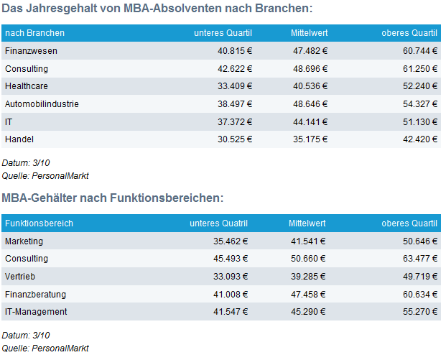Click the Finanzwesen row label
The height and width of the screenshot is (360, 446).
pyautogui.click(x=31, y=51)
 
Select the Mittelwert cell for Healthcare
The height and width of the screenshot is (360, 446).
pyautogui.click(x=310, y=86)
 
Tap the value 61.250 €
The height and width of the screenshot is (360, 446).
pyautogui.click(x=420, y=68)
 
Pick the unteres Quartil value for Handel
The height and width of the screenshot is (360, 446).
pyautogui.click(x=235, y=139)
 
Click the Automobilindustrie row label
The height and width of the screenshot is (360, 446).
pyautogui.click(x=42, y=104)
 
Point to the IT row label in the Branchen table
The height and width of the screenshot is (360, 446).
pyautogui.click(x=9, y=122)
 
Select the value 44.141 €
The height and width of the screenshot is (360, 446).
pyautogui.click(x=310, y=122)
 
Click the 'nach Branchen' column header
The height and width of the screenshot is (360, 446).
pyautogui.click(x=34, y=33)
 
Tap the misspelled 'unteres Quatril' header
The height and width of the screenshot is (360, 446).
pyautogui.click(x=219, y=223)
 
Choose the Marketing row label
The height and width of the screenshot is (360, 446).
pyautogui.click(x=24, y=241)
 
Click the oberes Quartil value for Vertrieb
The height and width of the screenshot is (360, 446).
pyautogui.click(x=420, y=277)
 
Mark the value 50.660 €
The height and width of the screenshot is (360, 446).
pyautogui.click(x=308, y=259)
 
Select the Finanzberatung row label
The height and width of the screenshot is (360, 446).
pyautogui.click(x=36, y=295)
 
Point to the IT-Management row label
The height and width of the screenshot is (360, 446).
pyautogui.click(x=36, y=312)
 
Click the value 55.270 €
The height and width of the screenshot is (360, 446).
pyautogui.click(x=420, y=312)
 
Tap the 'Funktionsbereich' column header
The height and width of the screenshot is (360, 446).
pyautogui.click(x=39, y=223)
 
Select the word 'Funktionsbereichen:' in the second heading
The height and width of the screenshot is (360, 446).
pyautogui.click(x=167, y=198)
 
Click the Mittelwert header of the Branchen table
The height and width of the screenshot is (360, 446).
pyautogui.click(x=310, y=33)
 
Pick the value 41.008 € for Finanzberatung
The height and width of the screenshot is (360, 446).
pyautogui.click(x=231, y=295)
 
